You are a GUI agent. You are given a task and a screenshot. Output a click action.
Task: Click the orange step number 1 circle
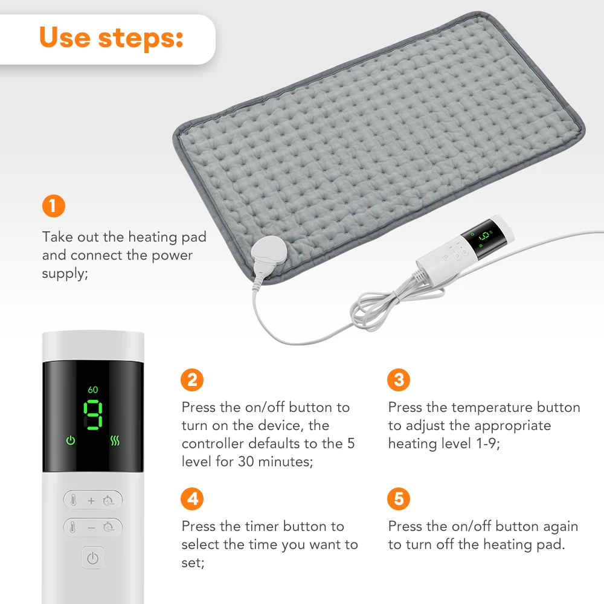pos(53,206)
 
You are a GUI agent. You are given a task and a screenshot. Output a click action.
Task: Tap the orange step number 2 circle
pos(192,380)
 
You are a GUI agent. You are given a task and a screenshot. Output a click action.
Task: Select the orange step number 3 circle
pos(398,380)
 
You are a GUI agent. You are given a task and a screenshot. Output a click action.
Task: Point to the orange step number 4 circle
pos(192,500)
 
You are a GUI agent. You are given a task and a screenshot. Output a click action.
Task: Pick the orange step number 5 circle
pos(398,500)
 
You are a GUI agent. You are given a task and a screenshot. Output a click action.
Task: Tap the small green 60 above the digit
pos(92,390)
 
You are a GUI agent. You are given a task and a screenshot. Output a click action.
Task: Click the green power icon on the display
pos(71,440)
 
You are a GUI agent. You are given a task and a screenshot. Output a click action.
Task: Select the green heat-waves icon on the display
pos(115,440)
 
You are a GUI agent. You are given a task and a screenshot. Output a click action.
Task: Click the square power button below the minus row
pos(92,558)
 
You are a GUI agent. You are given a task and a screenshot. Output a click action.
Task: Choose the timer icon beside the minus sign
pos(109,527)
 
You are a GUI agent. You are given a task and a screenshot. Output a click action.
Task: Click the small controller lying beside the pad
pos(465,247)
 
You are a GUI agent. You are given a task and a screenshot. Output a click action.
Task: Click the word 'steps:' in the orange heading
pos(146,37)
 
